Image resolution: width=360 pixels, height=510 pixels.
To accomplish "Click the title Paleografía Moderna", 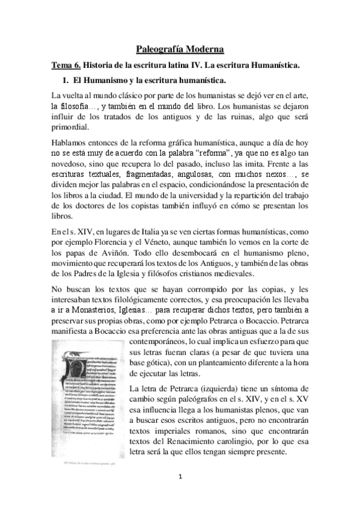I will tap(180, 48).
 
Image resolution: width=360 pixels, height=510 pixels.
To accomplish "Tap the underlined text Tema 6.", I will tap(65, 64).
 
